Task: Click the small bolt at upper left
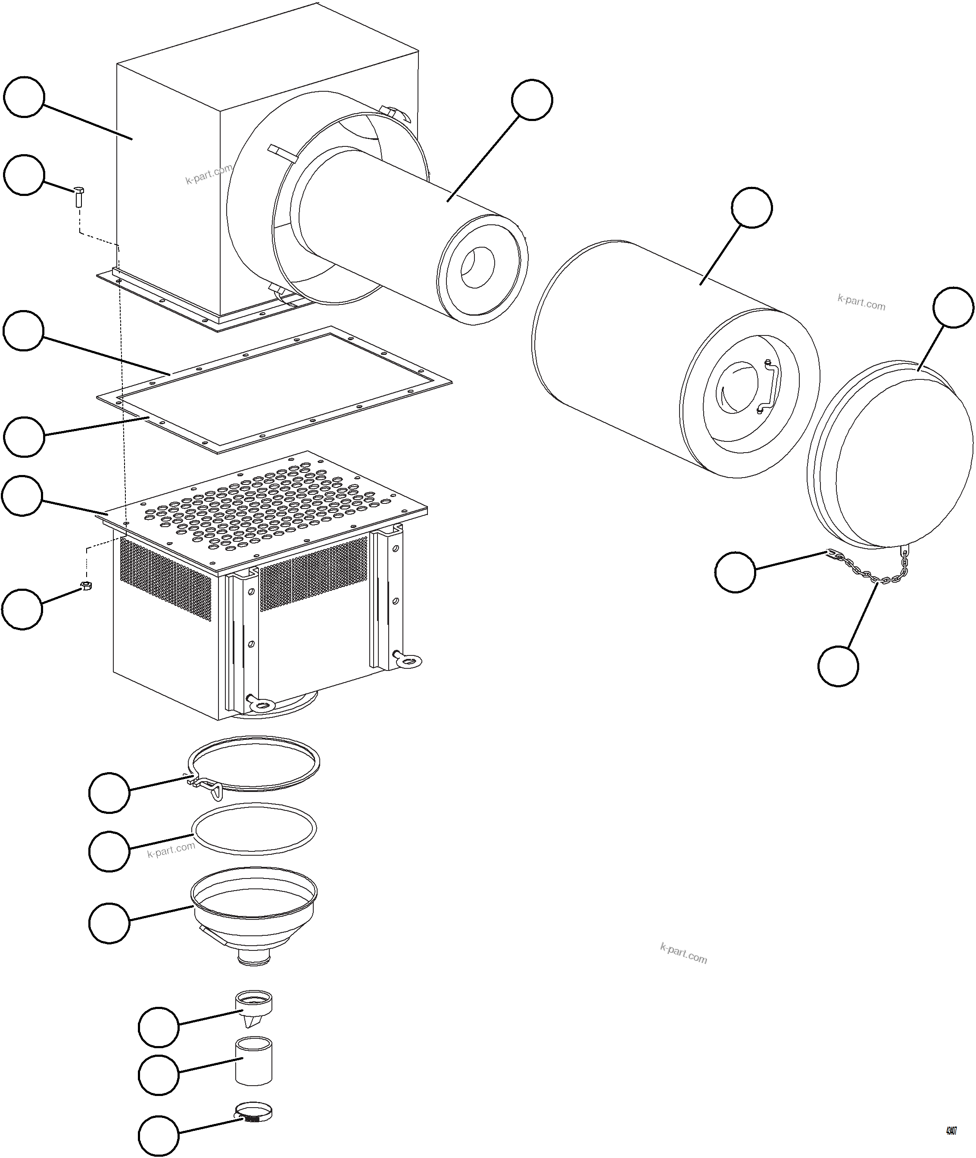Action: (78, 196)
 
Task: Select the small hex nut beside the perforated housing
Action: (86, 586)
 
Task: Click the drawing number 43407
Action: (951, 1131)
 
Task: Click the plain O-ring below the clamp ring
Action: (255, 827)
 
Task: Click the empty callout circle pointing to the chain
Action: (838, 666)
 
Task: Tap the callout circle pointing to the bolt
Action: (24, 175)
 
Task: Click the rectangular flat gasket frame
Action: (274, 389)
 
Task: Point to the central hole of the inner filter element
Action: (477, 268)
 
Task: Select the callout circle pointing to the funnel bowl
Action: (109, 923)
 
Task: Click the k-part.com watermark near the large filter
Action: (861, 302)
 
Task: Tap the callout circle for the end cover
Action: (953, 307)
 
